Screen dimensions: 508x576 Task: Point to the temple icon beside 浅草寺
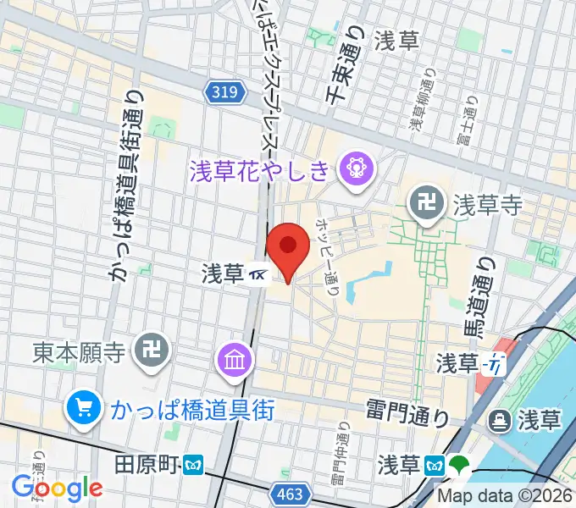tap(424, 202)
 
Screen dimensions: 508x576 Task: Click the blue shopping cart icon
tap(83, 409)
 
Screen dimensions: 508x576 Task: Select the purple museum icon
tap(235, 361)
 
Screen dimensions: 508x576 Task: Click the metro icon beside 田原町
tap(194, 464)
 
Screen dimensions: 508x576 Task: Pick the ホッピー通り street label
tap(327, 256)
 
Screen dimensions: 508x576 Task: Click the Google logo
tap(57, 488)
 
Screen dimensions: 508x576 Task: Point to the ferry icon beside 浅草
tap(499, 419)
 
